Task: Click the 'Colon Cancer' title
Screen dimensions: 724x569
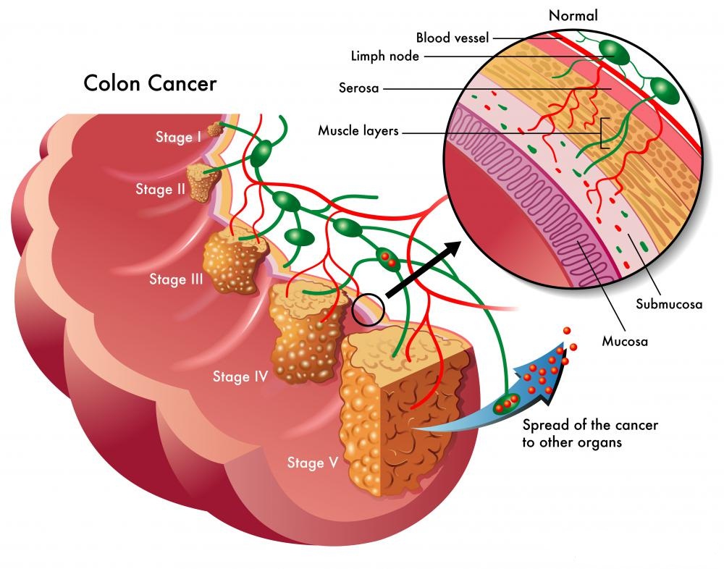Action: coord(150,83)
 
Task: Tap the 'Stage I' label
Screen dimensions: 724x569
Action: coord(178,137)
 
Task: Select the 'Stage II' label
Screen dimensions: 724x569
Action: coord(160,189)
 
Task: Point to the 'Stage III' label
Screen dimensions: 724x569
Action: coord(176,279)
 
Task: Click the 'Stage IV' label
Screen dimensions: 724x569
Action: coord(240,376)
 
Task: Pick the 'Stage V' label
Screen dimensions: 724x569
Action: coord(313,463)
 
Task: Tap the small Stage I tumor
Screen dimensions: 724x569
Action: coord(215,130)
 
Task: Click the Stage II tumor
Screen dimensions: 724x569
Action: coord(203,182)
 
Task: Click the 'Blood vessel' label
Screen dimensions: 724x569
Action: coord(452,38)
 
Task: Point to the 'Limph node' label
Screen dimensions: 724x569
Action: coord(384,56)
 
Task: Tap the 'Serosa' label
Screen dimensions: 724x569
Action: coord(358,88)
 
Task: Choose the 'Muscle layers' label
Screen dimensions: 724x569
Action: coord(358,131)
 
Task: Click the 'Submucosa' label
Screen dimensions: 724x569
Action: coord(669,304)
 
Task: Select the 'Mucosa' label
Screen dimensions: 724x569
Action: coord(625,341)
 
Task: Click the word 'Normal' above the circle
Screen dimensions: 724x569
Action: coord(573,16)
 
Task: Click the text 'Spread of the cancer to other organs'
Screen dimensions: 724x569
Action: coord(589,433)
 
